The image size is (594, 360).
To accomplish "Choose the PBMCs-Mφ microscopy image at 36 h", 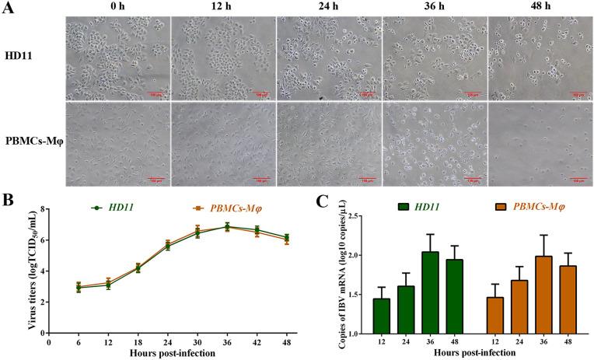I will click(x=434, y=145).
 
